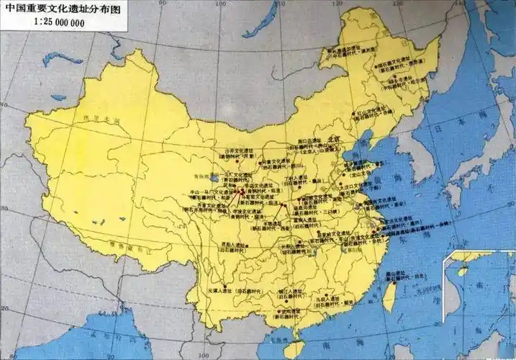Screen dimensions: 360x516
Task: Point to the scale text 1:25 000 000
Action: [58, 22]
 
